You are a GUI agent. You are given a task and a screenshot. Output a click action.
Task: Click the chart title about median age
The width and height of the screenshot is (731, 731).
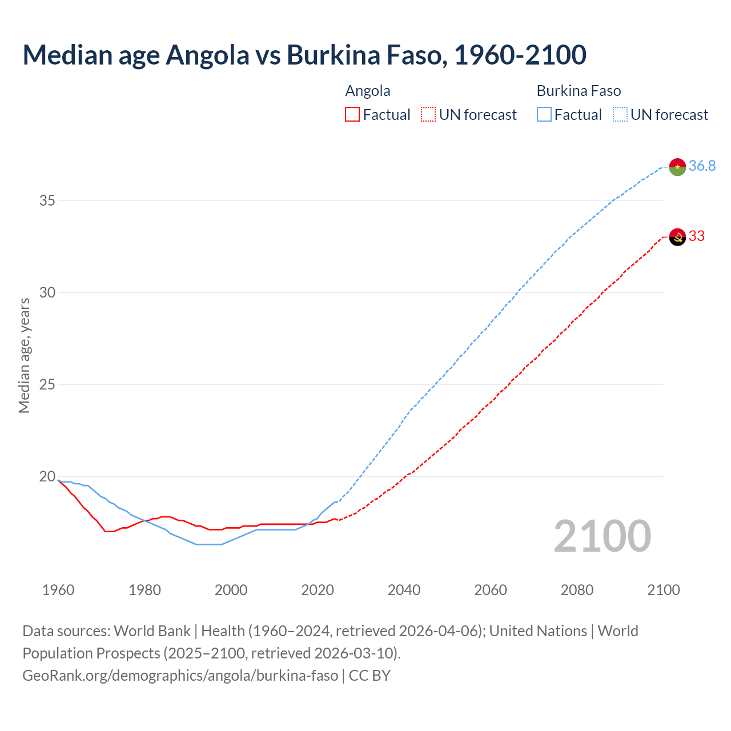coord(304,55)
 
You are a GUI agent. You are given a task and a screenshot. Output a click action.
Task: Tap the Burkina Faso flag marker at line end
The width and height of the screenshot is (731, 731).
coord(677,167)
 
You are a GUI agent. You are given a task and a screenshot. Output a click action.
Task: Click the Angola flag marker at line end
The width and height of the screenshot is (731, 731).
coord(677,236)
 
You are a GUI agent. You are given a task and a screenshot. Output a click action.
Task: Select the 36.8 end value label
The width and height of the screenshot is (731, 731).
coord(702,166)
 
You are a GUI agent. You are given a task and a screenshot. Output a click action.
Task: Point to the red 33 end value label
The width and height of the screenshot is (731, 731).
coord(697,236)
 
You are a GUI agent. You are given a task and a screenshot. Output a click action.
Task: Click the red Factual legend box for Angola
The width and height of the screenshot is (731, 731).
coord(352,115)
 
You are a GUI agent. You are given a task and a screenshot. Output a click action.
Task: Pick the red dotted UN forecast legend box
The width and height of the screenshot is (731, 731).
coord(428,115)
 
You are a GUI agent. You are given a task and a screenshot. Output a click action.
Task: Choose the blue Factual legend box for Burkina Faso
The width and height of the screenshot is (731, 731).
coord(544,115)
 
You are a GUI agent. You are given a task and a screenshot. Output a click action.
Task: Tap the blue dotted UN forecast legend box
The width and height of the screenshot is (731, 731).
coord(620,115)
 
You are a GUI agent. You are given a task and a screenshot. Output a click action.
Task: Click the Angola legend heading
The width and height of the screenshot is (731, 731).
coord(368,91)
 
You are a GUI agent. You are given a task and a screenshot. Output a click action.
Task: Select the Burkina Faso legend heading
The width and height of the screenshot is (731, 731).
coord(579,91)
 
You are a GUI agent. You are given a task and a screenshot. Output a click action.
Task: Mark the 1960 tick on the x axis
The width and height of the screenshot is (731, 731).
coord(58,590)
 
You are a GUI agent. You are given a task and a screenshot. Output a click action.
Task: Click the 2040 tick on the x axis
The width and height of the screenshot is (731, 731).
coord(404,590)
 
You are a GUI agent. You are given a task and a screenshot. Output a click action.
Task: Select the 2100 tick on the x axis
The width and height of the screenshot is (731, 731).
coord(663,590)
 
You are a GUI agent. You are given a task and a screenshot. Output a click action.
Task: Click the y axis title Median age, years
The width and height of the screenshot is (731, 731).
coord(24,355)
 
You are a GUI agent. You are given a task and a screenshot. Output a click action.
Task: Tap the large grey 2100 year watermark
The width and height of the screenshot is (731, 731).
coord(602,536)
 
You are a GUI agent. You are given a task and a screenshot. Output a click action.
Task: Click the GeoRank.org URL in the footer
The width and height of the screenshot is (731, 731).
coord(180,675)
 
